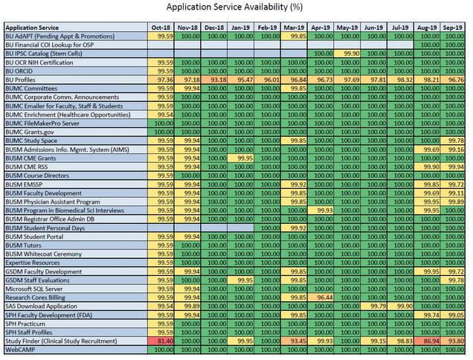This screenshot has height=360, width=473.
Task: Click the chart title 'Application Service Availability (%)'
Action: pos(234,7)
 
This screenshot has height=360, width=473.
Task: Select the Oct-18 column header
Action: pos(161,28)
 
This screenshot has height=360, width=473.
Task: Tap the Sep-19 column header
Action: pos(452,28)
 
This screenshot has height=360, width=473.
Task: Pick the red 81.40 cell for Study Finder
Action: pos(161,341)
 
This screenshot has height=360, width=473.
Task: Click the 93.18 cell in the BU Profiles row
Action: pos(214,80)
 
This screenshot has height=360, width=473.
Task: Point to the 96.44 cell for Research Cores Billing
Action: pos(321,298)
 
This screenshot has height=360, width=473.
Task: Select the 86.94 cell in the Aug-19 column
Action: pos(427,341)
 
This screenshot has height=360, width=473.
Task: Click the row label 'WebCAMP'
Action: pos(20,350)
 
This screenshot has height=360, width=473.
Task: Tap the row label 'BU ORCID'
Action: pos(19,71)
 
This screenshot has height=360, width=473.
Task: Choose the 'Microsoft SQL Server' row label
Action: pos(34,289)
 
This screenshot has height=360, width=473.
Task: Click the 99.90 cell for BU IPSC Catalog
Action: pos(347,54)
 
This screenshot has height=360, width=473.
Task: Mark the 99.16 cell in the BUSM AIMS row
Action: pos(452,150)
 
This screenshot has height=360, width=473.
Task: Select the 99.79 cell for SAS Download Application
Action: pos(373,306)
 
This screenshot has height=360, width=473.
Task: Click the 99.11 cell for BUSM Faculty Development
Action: pos(452,193)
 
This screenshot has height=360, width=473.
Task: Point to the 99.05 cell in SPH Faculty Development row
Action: pos(452,315)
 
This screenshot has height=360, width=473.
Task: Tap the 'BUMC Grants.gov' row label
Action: pos(30,132)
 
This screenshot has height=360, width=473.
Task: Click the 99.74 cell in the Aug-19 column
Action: pos(427,315)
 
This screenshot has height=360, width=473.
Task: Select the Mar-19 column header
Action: pos(294,28)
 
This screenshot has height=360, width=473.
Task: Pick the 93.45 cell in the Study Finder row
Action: pos(294,341)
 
